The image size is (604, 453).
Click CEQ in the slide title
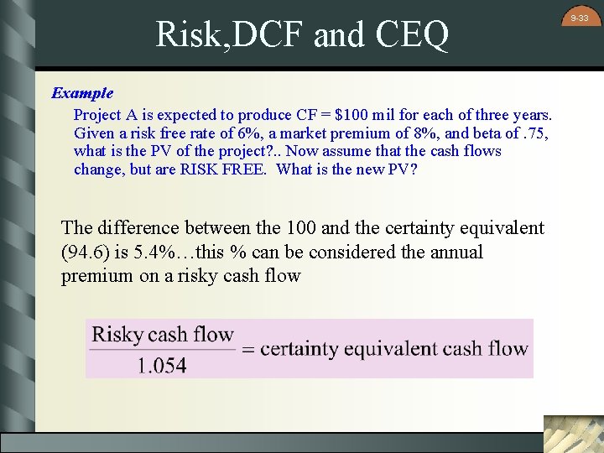pyautogui.click(x=413, y=35)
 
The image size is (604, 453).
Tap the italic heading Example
pyautogui.click(x=82, y=93)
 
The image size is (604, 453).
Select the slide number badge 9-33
pyautogui.click(x=580, y=18)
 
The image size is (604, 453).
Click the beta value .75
pyautogui.click(x=534, y=133)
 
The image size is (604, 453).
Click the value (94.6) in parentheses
pyautogui.click(x=86, y=253)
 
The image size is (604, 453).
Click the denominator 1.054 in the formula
pyautogui.click(x=161, y=365)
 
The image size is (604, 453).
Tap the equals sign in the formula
pyautogui.click(x=247, y=350)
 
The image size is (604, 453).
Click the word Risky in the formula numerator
pyautogui.click(x=117, y=335)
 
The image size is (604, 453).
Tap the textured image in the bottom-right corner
pyautogui.click(x=573, y=433)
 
